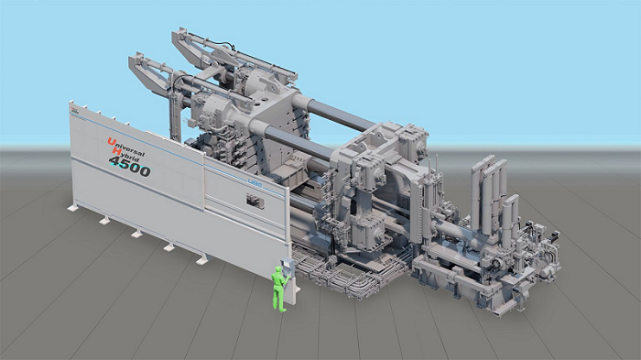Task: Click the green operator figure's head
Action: (278, 270)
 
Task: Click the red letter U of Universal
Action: (111, 142)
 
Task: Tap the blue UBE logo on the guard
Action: (255, 184)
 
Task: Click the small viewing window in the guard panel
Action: (255, 202)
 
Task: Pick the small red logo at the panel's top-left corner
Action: (74, 110)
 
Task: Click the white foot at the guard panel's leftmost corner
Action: (73, 208)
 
